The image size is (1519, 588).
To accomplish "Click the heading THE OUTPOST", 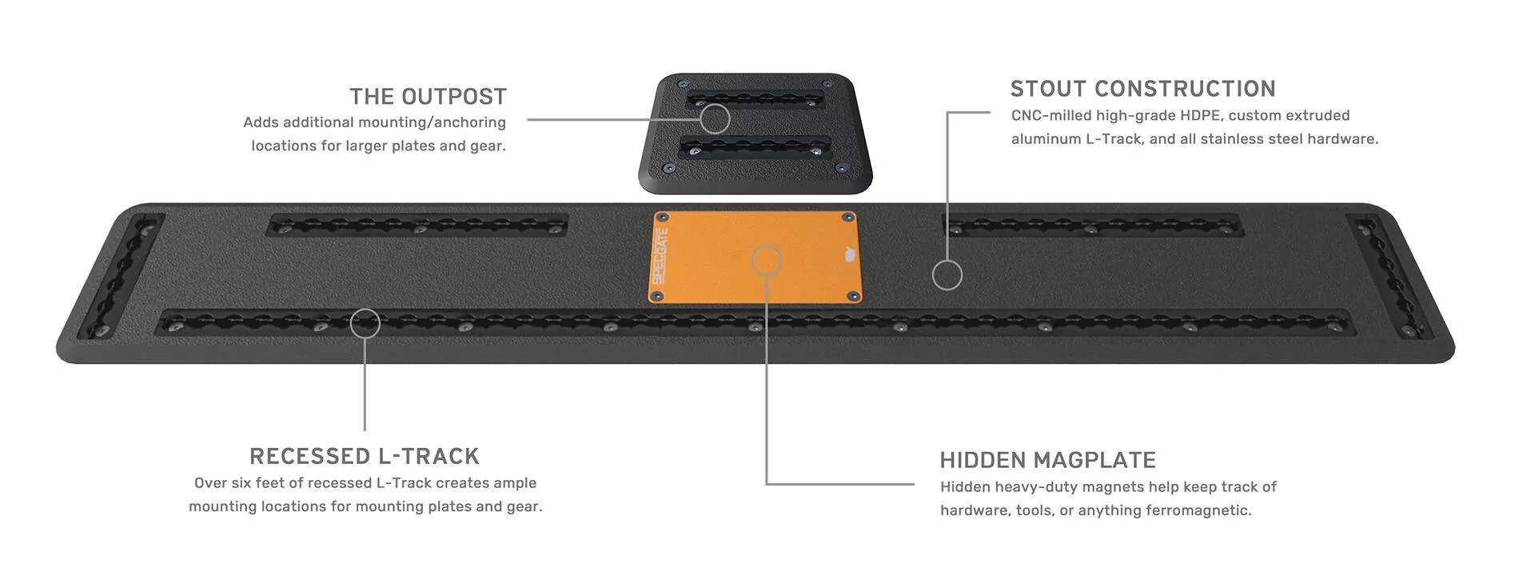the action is click(x=428, y=97).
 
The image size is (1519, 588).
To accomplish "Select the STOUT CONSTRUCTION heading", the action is click(x=1143, y=89).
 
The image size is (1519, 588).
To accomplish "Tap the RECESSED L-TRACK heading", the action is click(x=365, y=456).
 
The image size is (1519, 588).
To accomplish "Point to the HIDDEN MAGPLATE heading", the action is click(x=1047, y=460).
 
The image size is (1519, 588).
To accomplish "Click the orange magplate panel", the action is click(x=755, y=257).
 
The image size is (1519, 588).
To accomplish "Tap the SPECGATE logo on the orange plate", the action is click(x=660, y=256).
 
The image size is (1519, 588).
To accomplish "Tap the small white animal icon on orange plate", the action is click(x=850, y=255).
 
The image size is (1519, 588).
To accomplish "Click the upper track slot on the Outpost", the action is click(x=755, y=99).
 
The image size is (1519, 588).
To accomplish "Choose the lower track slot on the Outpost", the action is click(x=755, y=148).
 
